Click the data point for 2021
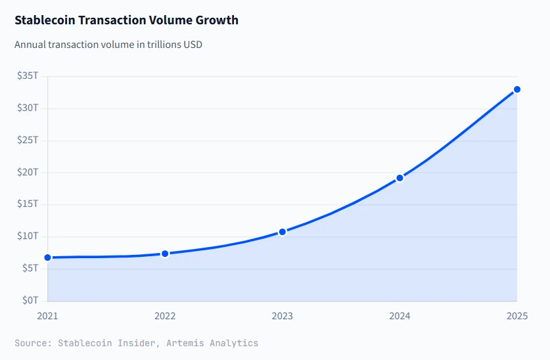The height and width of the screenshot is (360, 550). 47,258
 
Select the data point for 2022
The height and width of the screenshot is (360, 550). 165,254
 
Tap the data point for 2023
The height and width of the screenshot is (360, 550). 283,232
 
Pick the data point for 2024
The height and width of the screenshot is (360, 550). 400,178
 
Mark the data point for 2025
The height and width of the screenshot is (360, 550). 517,89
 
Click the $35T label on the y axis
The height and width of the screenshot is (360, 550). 28,76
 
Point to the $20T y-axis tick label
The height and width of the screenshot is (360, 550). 28,172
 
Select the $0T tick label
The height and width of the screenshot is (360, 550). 30,301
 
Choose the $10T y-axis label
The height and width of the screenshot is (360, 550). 28,236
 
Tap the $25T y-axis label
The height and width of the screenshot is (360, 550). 28,140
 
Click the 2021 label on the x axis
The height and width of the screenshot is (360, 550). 47,316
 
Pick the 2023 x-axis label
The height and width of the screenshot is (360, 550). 283,316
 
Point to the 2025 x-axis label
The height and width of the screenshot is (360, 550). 516,316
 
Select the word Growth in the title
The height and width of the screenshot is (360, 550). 217,20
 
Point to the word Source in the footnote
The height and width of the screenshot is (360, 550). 31,343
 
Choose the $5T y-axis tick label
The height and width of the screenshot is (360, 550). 30,269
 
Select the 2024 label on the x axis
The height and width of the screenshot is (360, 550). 400,316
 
